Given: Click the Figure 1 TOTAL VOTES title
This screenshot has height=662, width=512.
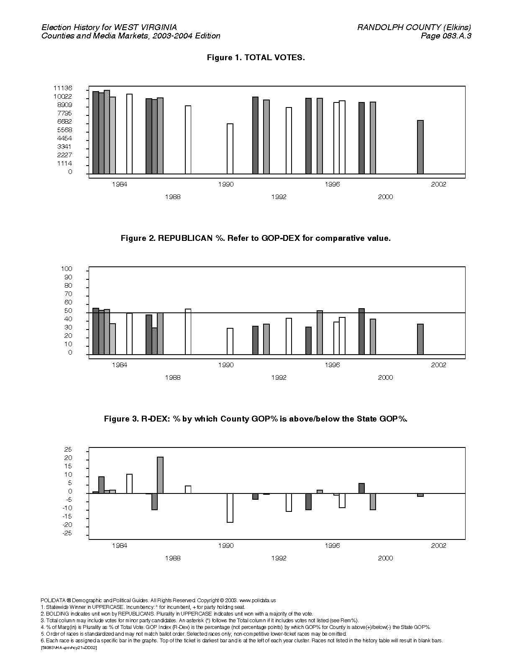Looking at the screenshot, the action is [x=256, y=57].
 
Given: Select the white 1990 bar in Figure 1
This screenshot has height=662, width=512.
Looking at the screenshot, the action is [x=230, y=149].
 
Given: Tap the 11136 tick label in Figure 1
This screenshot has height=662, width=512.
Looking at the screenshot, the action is [x=63, y=88].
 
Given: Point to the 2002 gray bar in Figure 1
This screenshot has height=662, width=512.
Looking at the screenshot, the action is [x=420, y=147].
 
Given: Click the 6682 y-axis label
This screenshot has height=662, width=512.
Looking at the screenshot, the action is [x=64, y=122].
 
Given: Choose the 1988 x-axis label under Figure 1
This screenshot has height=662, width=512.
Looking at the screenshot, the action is [x=173, y=197].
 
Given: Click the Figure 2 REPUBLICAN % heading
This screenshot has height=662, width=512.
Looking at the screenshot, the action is [x=256, y=238].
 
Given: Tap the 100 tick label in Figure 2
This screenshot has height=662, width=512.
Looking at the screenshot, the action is [x=67, y=269].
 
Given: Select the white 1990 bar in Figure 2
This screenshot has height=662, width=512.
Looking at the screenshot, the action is [x=230, y=341].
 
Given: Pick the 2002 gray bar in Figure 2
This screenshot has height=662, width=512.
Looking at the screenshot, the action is [x=420, y=339].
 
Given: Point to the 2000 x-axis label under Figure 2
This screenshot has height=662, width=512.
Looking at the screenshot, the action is [x=385, y=378].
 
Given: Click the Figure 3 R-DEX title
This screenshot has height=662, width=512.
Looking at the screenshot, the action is [x=256, y=419].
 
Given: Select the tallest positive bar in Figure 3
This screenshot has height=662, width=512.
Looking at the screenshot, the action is [x=160, y=475].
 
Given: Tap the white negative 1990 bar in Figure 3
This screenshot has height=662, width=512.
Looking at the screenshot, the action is [x=230, y=508].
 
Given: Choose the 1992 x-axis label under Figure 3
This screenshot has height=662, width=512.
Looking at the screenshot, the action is [x=279, y=558].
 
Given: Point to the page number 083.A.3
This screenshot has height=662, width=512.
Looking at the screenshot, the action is [x=456, y=36].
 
